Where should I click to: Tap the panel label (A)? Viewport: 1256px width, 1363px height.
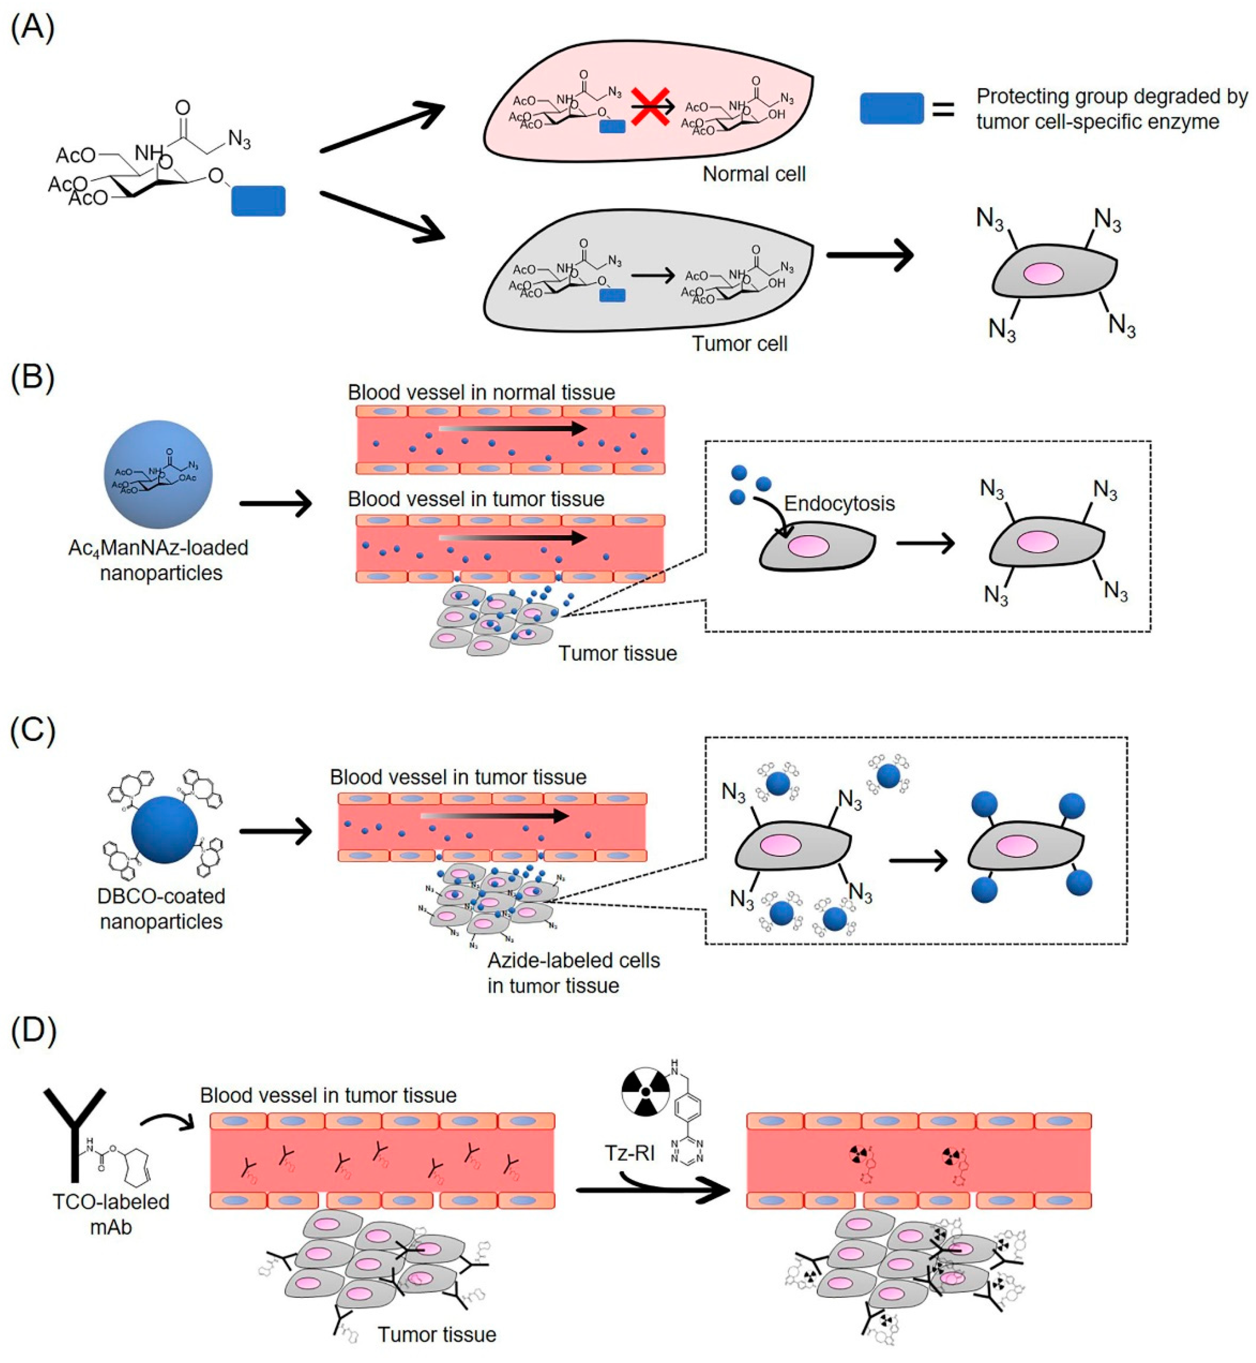pos(33,29)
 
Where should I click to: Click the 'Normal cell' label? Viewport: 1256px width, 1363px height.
pos(754,174)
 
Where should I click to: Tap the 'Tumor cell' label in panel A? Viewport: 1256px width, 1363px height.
pos(740,343)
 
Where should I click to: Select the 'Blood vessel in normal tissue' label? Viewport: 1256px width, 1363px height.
pos(481,392)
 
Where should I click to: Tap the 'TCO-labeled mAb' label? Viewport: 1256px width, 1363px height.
pos(111,1214)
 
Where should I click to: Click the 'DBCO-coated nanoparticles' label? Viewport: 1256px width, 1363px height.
pos(161,908)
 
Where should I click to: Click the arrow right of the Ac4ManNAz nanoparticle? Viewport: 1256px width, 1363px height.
pos(275,504)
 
